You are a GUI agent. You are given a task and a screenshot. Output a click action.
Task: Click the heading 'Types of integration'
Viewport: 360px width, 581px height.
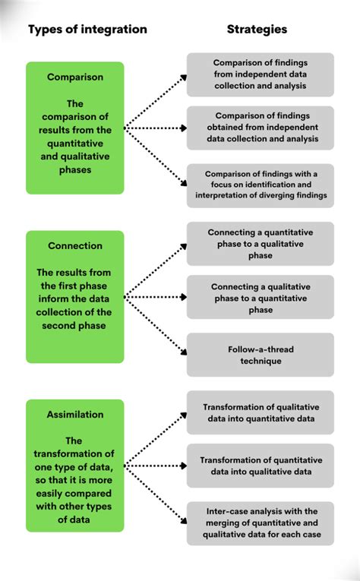88,30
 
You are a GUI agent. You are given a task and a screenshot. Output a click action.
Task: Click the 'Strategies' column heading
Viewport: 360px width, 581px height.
257,30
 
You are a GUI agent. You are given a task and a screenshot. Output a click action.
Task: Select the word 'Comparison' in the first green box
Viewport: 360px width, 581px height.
75,77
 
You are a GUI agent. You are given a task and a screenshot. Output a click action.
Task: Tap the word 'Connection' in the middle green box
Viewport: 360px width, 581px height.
75,246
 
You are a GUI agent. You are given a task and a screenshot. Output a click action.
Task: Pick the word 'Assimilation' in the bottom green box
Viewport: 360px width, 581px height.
75,415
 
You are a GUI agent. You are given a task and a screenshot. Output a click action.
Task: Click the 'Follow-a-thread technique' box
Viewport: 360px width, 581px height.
261,355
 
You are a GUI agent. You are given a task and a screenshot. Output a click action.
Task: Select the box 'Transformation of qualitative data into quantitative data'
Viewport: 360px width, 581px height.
261,412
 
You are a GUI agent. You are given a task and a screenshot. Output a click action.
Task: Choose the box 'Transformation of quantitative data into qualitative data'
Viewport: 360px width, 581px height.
261,466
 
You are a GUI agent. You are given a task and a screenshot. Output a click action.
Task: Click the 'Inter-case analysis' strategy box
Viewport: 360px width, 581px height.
261,523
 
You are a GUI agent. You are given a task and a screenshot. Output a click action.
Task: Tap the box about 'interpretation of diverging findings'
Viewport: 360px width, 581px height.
261,185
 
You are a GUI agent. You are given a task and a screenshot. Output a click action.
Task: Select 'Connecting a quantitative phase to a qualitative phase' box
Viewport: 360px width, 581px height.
261,243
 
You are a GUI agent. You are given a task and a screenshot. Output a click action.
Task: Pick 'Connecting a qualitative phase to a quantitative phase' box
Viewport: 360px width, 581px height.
261,298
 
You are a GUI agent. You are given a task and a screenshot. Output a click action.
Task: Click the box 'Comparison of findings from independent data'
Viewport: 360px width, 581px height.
261,74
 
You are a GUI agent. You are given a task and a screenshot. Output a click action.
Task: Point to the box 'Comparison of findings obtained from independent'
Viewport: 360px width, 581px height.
261,128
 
